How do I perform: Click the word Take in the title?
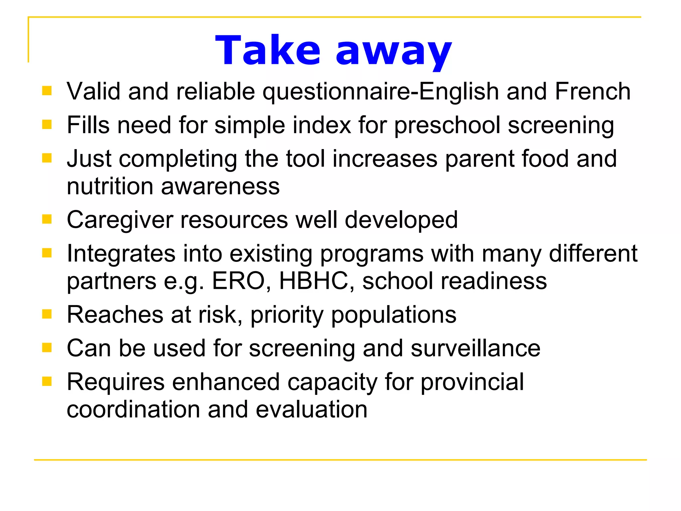click(268, 51)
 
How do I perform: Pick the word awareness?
click(220, 186)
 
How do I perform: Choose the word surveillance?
click(476, 348)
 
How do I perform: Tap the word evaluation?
click(312, 410)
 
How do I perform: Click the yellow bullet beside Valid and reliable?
click(47, 91)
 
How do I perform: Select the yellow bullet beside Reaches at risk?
click(47, 314)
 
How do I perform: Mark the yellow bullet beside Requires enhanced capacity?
click(47, 381)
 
